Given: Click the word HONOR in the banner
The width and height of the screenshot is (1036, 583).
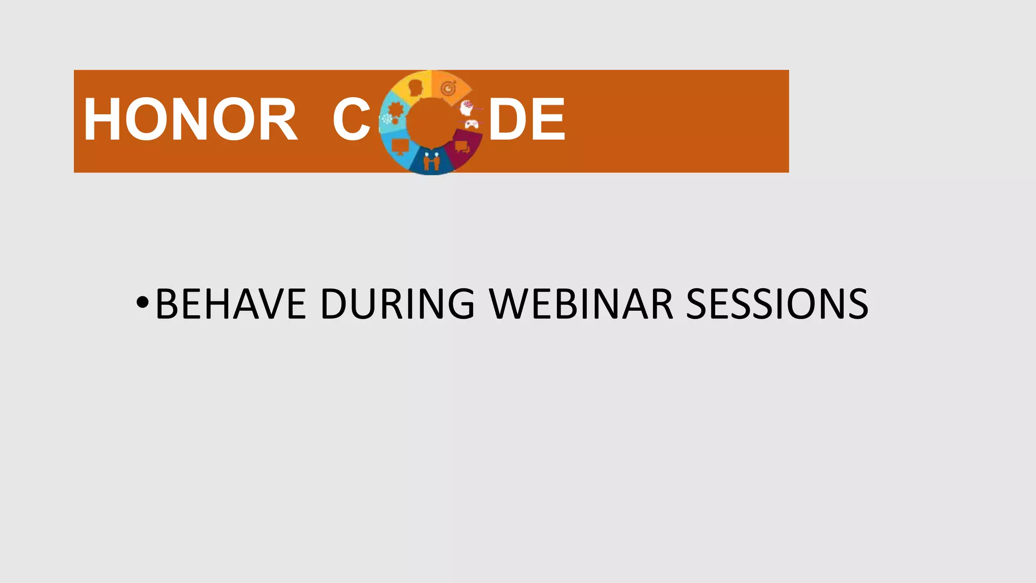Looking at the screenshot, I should point(190,120).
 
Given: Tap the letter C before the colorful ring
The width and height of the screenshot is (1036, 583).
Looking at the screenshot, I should point(352,120).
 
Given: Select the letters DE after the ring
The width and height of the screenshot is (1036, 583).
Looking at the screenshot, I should point(527,120).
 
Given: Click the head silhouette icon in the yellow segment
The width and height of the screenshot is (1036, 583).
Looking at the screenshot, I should point(416,88).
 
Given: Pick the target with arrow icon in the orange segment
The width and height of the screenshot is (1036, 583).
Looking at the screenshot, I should point(448,89).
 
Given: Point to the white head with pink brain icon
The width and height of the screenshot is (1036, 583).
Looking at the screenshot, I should point(467,107).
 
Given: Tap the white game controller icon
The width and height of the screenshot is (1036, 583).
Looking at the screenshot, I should point(471,124).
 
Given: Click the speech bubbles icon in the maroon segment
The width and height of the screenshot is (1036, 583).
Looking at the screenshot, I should point(461,147).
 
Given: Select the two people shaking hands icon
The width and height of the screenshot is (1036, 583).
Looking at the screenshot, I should point(431,161).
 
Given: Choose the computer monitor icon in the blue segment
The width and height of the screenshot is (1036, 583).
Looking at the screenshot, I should point(401,147).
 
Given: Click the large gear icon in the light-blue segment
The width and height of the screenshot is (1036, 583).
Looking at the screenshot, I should point(396,110).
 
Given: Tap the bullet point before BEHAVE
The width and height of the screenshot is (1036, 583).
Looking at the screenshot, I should point(143,303).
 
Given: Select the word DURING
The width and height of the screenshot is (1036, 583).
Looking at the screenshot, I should point(398,304).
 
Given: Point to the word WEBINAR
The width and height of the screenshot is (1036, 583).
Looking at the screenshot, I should point(581,304).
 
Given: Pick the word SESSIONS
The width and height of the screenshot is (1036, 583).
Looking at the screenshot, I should point(777,304).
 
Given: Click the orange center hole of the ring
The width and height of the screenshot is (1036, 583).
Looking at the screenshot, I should point(431,123).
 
